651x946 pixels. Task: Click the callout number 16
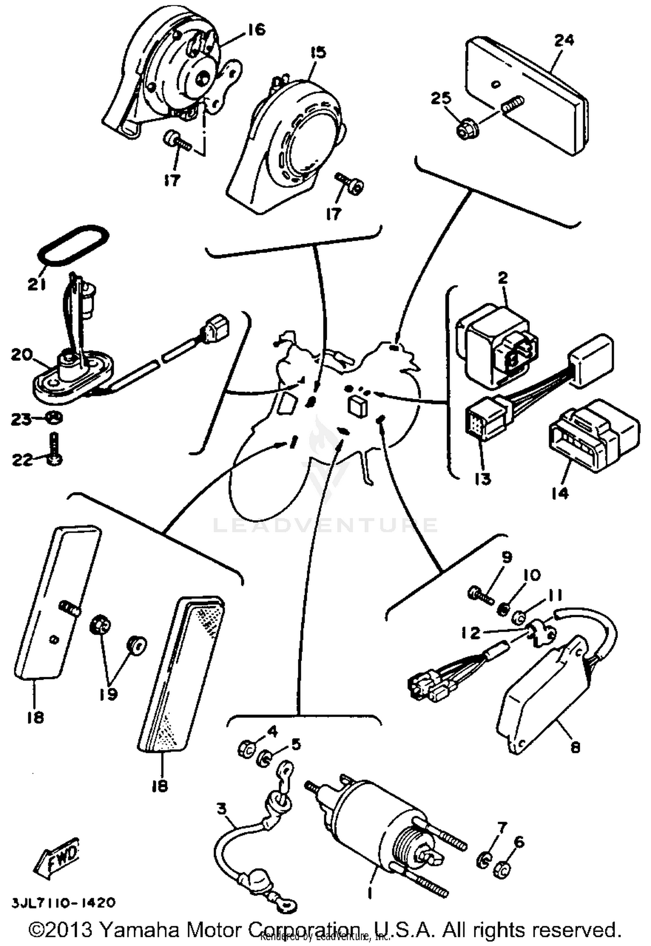pos(256,30)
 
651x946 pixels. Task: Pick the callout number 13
pos(483,479)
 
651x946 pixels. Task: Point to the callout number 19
pos(108,694)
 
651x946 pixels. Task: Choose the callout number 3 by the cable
pos(221,809)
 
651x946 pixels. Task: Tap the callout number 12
pos(471,633)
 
